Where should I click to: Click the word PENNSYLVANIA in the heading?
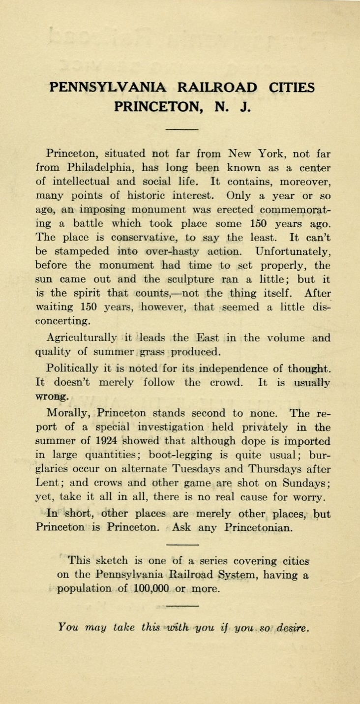coord(109,88)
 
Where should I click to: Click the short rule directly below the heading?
coord(182,129)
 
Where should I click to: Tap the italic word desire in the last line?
coord(292,628)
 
